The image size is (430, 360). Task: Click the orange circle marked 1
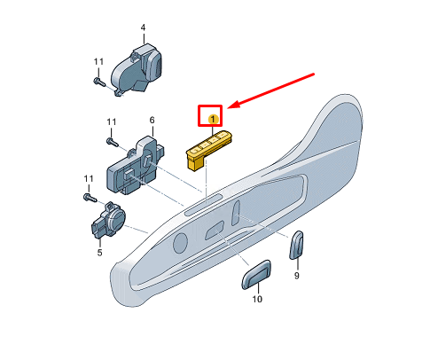tap(212, 117)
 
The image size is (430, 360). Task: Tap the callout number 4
tap(142, 28)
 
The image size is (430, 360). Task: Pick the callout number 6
tap(152, 120)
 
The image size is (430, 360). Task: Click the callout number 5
tap(99, 253)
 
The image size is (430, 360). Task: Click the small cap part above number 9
tap(298, 246)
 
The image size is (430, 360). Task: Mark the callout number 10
tap(257, 301)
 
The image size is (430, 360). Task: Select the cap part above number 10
tap(256, 275)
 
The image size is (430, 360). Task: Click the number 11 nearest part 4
tap(98, 60)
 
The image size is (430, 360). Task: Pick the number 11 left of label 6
tap(111, 121)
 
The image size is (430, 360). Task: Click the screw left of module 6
tap(112, 139)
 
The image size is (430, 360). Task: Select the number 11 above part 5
tap(87, 179)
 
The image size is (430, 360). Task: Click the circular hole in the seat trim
tap(180, 242)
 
